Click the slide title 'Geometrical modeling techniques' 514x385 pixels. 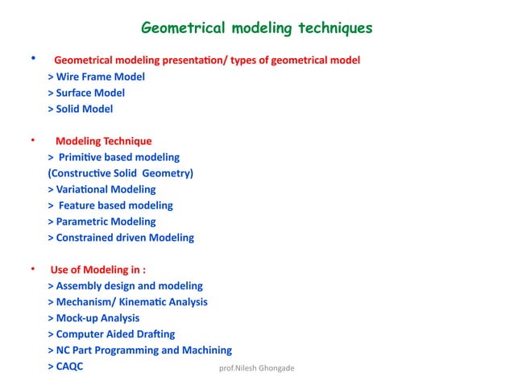click(256, 29)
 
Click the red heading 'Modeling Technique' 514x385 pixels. click(103, 141)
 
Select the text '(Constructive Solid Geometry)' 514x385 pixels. click(121, 173)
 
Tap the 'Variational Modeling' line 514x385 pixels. click(102, 189)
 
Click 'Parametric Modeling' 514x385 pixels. click(102, 221)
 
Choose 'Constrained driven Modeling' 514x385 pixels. click(121, 238)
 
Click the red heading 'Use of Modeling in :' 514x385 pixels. click(97, 270)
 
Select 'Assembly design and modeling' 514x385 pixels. click(125, 286)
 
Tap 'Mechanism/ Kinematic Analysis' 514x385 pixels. click(127, 302)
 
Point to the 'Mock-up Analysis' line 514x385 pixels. click(93, 318)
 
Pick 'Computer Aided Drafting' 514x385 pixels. click(111, 334)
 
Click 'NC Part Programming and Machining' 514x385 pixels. click(139, 350)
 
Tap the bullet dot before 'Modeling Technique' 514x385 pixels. click(33, 139)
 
